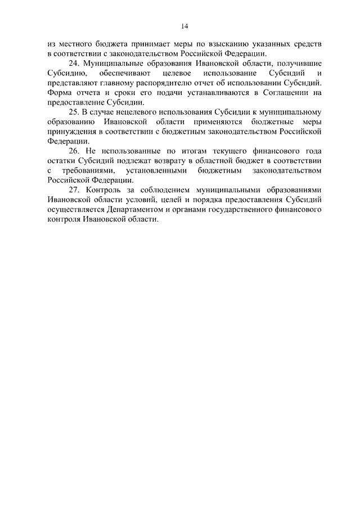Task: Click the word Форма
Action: (x=59, y=94)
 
